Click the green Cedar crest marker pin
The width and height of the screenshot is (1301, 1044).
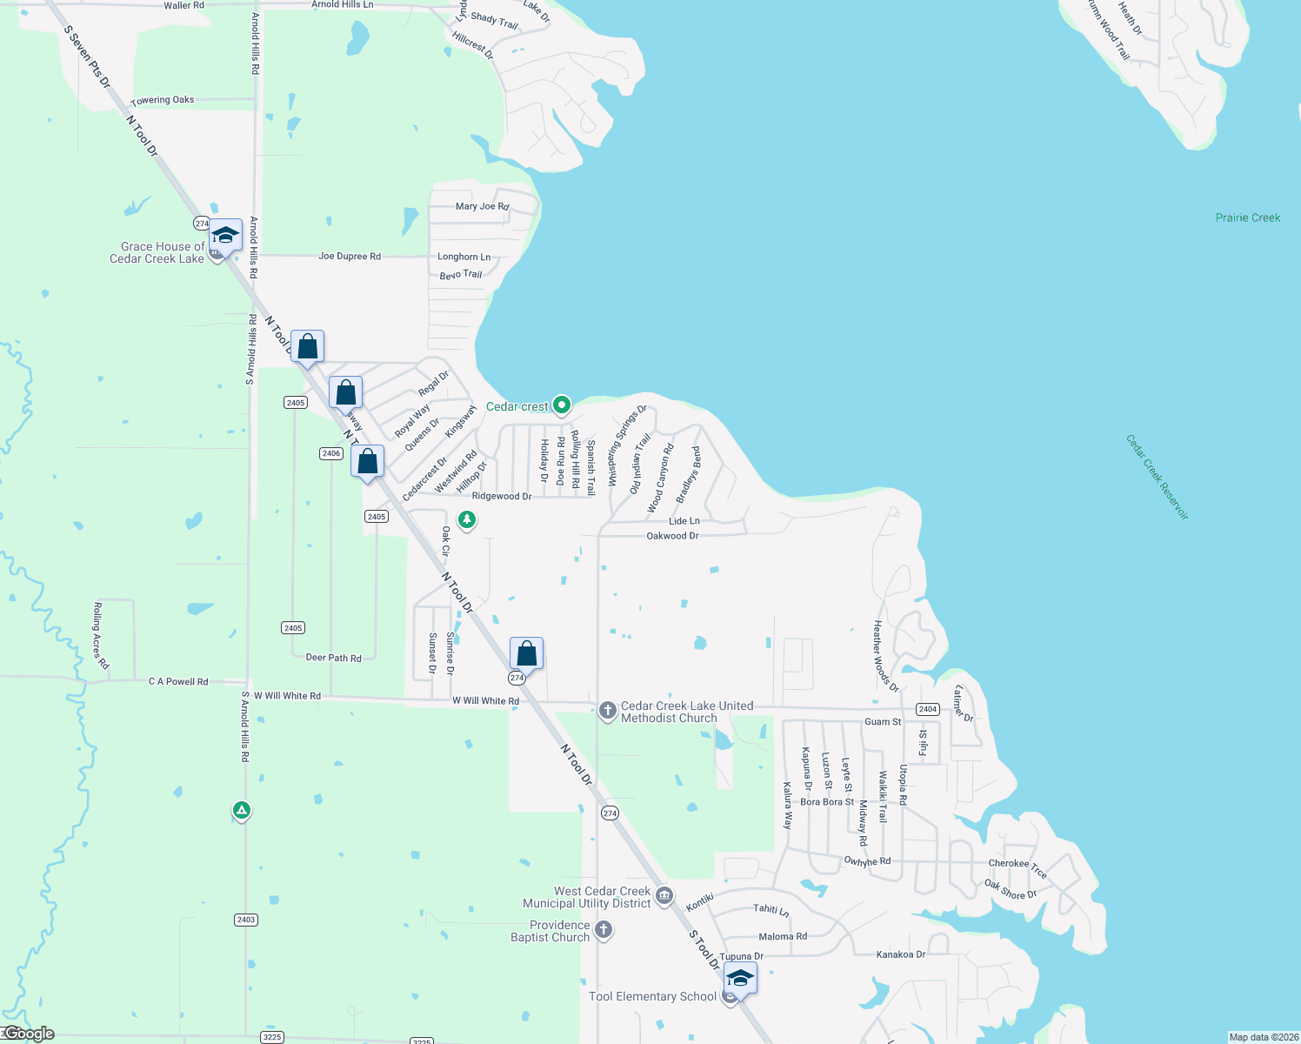pos(562,405)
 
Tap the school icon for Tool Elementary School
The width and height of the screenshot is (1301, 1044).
pos(739,979)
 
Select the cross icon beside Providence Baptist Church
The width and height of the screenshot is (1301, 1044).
pos(604,931)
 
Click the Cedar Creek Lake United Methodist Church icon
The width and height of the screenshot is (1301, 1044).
pos(608,711)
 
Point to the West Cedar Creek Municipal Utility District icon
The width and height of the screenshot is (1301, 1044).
pos(664,896)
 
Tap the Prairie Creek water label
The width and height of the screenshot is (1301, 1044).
pos(1247,217)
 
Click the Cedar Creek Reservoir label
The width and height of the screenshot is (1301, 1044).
pos(1157,478)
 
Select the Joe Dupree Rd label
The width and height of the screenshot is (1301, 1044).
pos(349,257)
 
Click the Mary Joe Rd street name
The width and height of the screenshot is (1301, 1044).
pos(482,206)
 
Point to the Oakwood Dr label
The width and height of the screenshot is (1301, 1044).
pos(672,536)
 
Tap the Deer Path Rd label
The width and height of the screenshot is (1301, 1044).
pos(333,658)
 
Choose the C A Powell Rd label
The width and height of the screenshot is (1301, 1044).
pos(178,682)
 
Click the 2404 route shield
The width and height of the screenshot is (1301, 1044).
pos(928,709)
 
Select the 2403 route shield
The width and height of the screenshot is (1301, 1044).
pos(246,920)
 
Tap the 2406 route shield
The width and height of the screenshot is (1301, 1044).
pos(331,453)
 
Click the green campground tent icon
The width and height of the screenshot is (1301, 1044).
pos(242,811)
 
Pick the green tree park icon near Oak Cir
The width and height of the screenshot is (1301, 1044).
pos(467,520)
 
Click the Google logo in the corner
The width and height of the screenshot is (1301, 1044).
pos(29,1034)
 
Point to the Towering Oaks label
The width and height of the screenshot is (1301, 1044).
pos(163,100)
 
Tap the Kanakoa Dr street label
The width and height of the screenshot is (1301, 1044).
pos(900,954)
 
